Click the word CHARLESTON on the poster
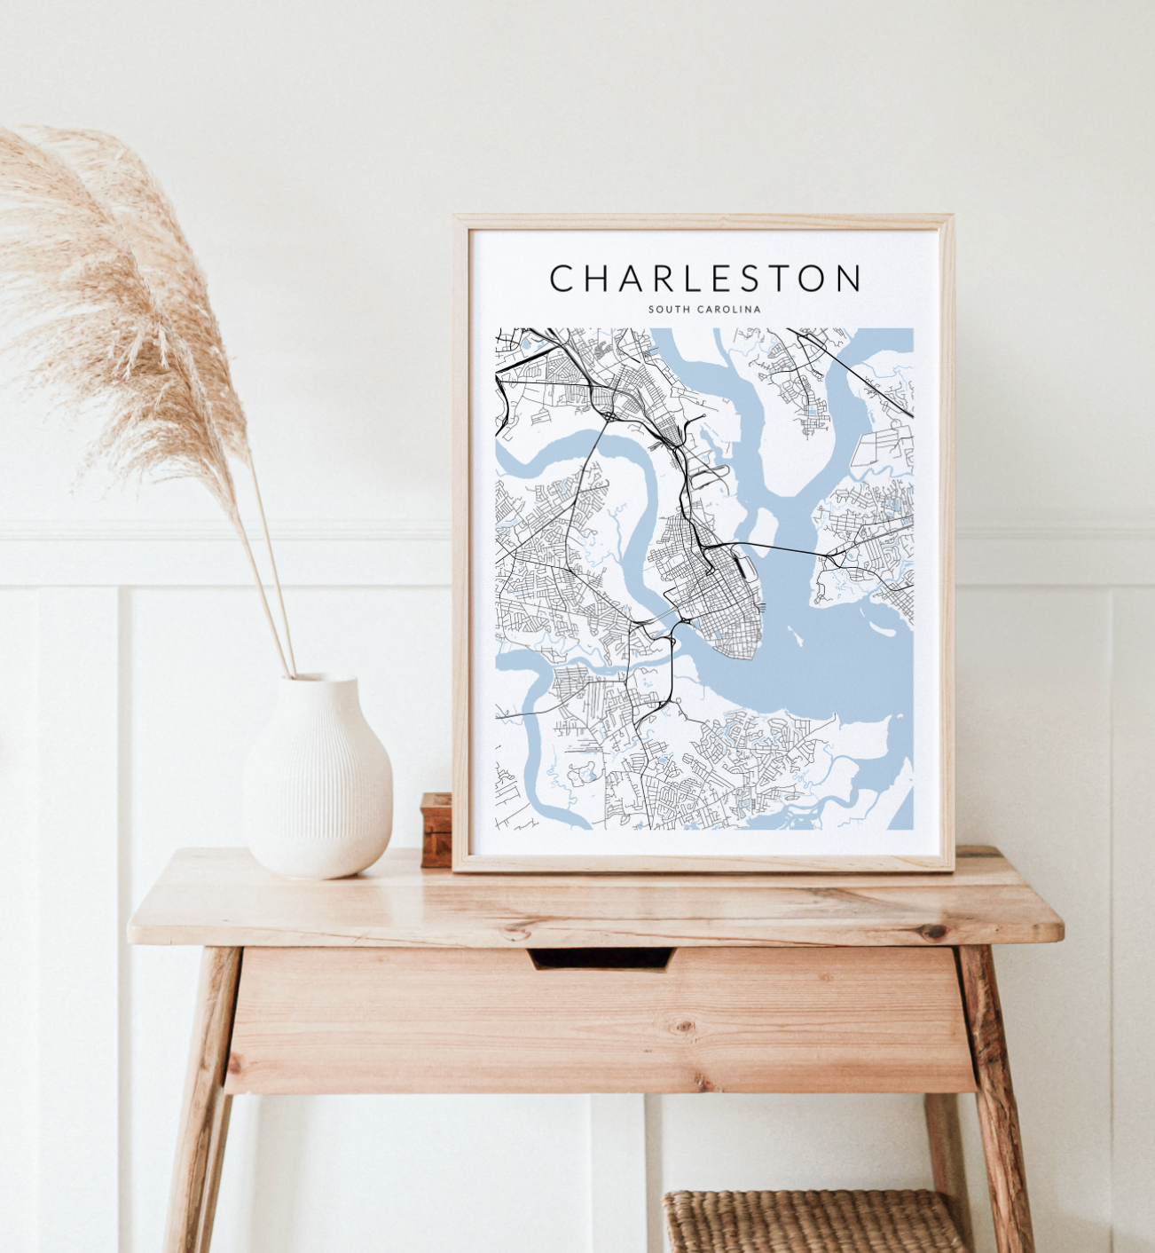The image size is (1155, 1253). [x=705, y=278]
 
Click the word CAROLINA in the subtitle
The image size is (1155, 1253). [x=729, y=310]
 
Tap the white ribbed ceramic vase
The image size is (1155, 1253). [x=317, y=781]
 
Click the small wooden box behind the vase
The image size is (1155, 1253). [x=436, y=829]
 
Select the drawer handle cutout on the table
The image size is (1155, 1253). [x=601, y=958]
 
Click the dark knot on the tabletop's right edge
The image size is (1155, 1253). [x=933, y=932]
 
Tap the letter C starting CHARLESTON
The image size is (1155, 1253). [x=562, y=278]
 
